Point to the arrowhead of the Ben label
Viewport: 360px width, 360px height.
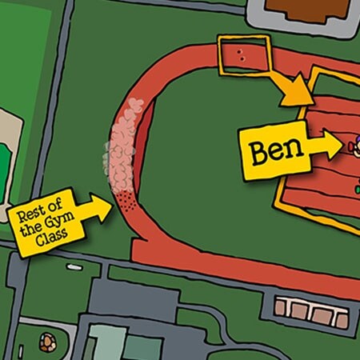(334, 145)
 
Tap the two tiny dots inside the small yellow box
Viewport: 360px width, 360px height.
(241, 55)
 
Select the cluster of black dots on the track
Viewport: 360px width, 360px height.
(126, 200)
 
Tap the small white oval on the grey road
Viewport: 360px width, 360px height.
(74, 266)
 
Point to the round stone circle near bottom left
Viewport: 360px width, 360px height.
(49, 342)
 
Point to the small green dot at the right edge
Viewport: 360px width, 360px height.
(354, 189)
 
